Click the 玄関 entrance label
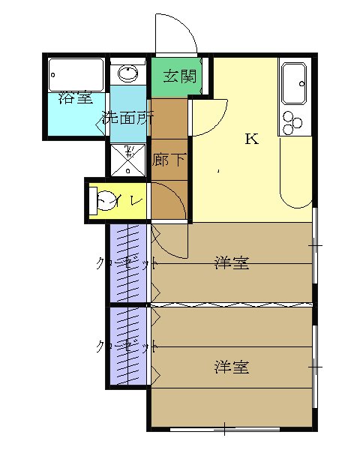[x=179, y=76]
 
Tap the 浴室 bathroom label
[x=75, y=97]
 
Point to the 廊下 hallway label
[x=168, y=160]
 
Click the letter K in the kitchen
[x=251, y=139]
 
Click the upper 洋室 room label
[x=231, y=263]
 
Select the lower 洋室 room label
[x=231, y=367]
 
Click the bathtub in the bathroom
[x=76, y=76]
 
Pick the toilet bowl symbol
[x=106, y=201]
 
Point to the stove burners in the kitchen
[x=291, y=121]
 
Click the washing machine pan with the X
[x=129, y=158]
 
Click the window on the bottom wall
[x=225, y=430]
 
